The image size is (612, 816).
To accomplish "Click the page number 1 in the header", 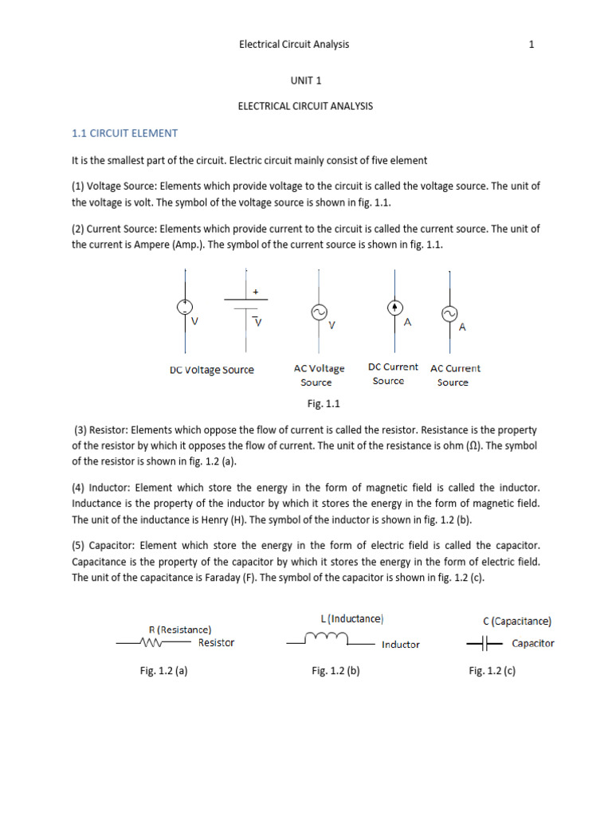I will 532,45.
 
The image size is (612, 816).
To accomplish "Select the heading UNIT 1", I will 305,81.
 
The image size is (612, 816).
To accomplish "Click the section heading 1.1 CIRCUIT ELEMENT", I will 125,133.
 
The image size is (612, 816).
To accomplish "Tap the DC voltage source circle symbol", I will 185,306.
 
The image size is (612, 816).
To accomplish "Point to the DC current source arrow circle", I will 393,307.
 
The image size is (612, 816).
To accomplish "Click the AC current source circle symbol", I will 449,313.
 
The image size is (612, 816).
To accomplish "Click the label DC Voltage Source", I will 212,370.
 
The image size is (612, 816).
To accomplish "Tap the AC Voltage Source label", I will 319,375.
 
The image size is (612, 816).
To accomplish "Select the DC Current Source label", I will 392,374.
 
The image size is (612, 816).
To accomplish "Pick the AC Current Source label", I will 455,375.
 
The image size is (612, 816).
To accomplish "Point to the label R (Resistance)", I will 180,629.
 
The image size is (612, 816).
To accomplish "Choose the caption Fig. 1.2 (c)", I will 492,671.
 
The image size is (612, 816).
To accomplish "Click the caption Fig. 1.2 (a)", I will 163,671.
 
